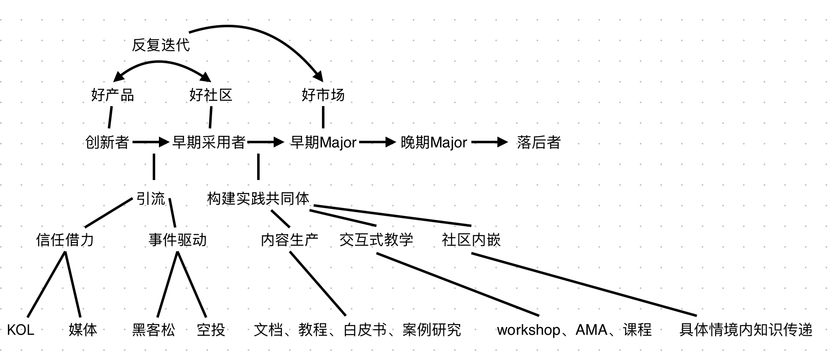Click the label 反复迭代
pyautogui.click(x=161, y=45)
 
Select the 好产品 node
pyautogui.click(x=112, y=95)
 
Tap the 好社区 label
pyautogui.click(x=211, y=95)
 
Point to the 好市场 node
pyautogui.click(x=323, y=95)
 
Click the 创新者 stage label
pyautogui.click(x=107, y=142)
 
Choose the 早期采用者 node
pyautogui.click(x=209, y=142)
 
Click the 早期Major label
pyautogui.click(x=323, y=142)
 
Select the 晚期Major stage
pyautogui.click(x=434, y=142)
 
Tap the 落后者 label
pyautogui.click(x=538, y=142)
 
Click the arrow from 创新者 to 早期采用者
pyautogui.click(x=151, y=142)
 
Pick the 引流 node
pyautogui.click(x=151, y=199)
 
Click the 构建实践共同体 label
pyautogui.click(x=258, y=199)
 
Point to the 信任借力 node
pyautogui.click(x=65, y=240)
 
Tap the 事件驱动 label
pyautogui.click(x=177, y=240)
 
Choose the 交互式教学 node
pyautogui.click(x=376, y=240)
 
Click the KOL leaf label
pyautogui.click(x=21, y=330)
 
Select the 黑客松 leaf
pyautogui.click(x=154, y=330)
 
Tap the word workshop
pyautogui.click(x=528, y=330)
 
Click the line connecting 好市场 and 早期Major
pyautogui.click(x=323, y=117)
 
